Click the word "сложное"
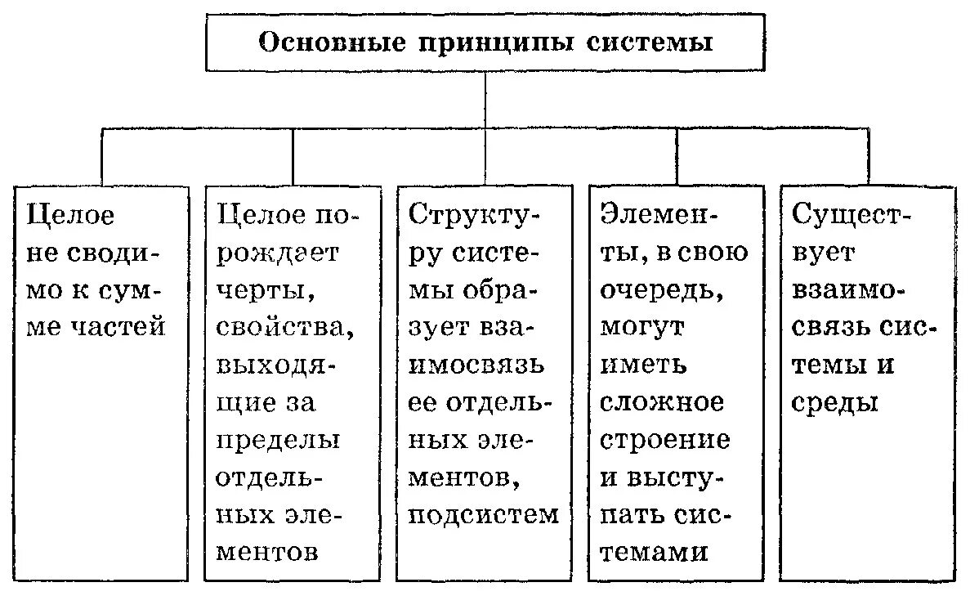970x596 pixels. [x=662, y=401]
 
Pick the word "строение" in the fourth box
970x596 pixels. [x=665, y=439]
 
